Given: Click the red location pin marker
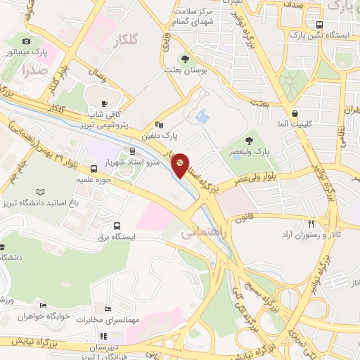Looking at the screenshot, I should (180, 166).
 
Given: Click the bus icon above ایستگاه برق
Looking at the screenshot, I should (117, 226).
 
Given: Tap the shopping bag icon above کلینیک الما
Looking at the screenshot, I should (295, 112).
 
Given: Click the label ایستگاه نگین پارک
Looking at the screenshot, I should (320, 35).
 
